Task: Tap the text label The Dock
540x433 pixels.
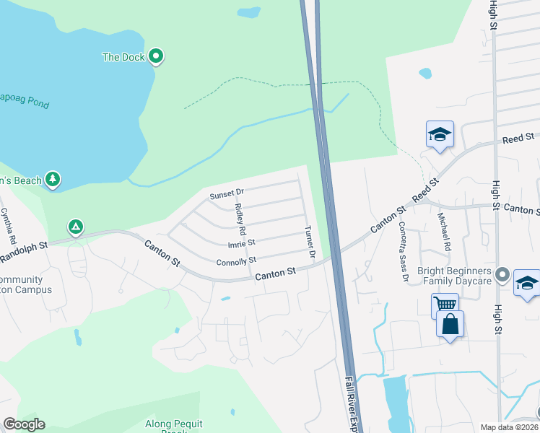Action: click(x=123, y=57)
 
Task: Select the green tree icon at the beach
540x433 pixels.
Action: click(x=52, y=179)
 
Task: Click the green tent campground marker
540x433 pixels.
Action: click(x=75, y=227)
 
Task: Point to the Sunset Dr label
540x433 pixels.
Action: click(x=227, y=194)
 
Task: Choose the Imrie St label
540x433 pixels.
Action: click(x=242, y=243)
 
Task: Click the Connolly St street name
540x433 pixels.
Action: click(x=236, y=261)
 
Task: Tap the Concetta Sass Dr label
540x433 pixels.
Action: click(x=404, y=250)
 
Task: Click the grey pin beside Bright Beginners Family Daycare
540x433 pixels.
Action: click(x=504, y=275)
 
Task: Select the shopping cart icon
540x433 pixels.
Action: click(x=445, y=305)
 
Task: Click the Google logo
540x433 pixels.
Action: click(x=24, y=424)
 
